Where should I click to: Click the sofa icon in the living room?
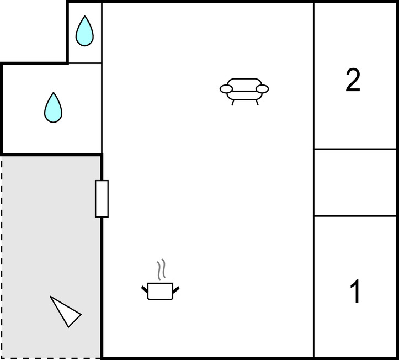pyautogui.click(x=244, y=92)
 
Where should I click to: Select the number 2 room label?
pyautogui.click(x=353, y=80)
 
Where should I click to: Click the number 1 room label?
pyautogui.click(x=355, y=291)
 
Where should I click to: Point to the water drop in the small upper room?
pyautogui.click(x=84, y=31)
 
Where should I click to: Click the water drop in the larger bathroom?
pyautogui.click(x=53, y=108)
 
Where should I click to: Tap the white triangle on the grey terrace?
pyautogui.click(x=66, y=311)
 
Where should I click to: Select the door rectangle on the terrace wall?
pyautogui.click(x=102, y=199)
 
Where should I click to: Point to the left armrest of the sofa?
pyautogui.click(x=226, y=89)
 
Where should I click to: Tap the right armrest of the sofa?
pyautogui.click(x=262, y=89)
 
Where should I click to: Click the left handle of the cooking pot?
pyautogui.click(x=145, y=289)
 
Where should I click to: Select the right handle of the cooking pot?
pyautogui.click(x=176, y=289)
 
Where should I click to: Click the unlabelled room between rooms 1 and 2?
pyautogui.click(x=355, y=183)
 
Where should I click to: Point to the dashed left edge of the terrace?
pyautogui.click(x=1, y=257)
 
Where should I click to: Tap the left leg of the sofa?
pyautogui.click(x=233, y=103)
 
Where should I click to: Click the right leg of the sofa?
pyautogui.click(x=257, y=103)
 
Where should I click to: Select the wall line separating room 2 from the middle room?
pyautogui.click(x=355, y=149)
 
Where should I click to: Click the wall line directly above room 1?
pyautogui.click(x=355, y=216)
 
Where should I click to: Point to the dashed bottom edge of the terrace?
pyautogui.click(x=50, y=358)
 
